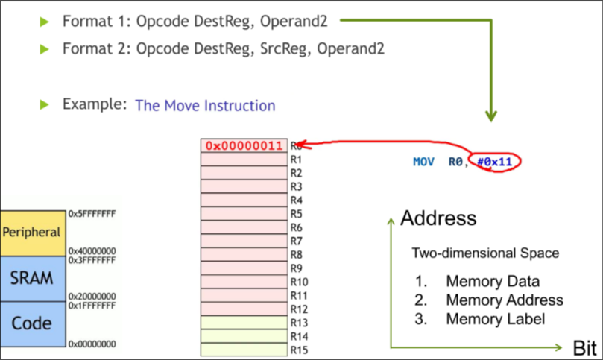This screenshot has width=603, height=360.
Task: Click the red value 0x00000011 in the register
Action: pyautogui.click(x=244, y=145)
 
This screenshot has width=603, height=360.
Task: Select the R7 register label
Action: pyautogui.click(x=296, y=241)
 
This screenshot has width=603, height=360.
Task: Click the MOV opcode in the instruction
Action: pyautogui.click(x=423, y=162)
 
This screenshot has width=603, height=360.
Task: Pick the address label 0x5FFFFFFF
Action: pyautogui.click(x=92, y=214)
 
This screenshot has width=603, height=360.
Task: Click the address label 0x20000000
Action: pyautogui.click(x=92, y=296)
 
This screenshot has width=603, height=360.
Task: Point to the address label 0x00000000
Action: pyautogui.click(x=92, y=344)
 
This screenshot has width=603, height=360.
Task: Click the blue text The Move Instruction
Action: pyautogui.click(x=205, y=106)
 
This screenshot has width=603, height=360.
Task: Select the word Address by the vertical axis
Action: pyautogui.click(x=438, y=218)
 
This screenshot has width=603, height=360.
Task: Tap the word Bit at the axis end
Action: pyautogui.click(x=585, y=348)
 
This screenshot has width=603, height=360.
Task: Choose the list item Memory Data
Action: pyautogui.click(x=492, y=282)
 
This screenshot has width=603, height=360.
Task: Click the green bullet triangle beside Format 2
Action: pyautogui.click(x=45, y=49)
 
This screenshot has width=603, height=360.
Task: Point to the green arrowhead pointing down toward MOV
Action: pyautogui.click(x=490, y=116)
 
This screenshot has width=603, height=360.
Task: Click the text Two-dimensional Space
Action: pyautogui.click(x=485, y=253)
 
